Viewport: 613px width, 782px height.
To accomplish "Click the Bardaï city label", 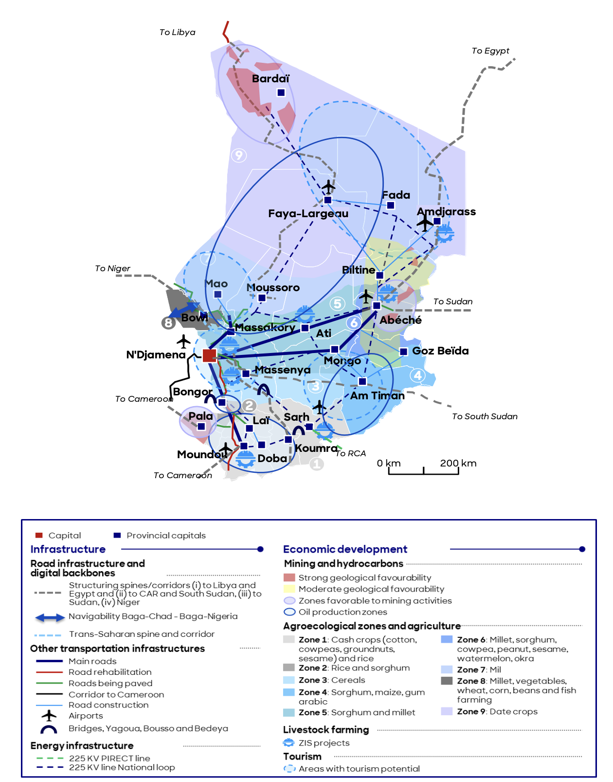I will point(270,79).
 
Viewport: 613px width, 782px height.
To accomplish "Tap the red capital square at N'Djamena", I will point(209,355).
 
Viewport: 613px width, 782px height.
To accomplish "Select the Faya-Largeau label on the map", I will point(308,213).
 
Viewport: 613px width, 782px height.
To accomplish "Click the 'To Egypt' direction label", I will point(490,51).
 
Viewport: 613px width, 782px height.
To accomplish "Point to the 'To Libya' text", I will point(177,32).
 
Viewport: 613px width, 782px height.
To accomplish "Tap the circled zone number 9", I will point(238,155).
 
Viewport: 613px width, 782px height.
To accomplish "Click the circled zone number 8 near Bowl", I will point(168,322).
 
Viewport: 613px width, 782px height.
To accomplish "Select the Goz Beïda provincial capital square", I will point(403,352).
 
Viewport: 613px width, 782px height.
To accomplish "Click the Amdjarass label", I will point(446,211).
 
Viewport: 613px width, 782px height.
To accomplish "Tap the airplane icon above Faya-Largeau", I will point(329,186).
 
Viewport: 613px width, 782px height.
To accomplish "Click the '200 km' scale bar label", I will point(458,463).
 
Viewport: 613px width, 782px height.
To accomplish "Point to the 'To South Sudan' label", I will point(485,416).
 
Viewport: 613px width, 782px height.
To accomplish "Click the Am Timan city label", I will point(377,395).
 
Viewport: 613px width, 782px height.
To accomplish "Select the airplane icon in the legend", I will point(49,715).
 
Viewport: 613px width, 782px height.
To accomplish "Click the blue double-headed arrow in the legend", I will point(50,618).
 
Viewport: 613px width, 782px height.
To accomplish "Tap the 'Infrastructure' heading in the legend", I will point(68,549).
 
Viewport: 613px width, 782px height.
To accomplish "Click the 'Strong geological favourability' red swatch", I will point(289,577).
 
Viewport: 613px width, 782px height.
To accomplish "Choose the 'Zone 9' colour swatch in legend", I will point(447,711).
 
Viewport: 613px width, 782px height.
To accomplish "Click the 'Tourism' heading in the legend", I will point(302,756).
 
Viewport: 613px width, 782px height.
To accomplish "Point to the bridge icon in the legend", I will point(49,729).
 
